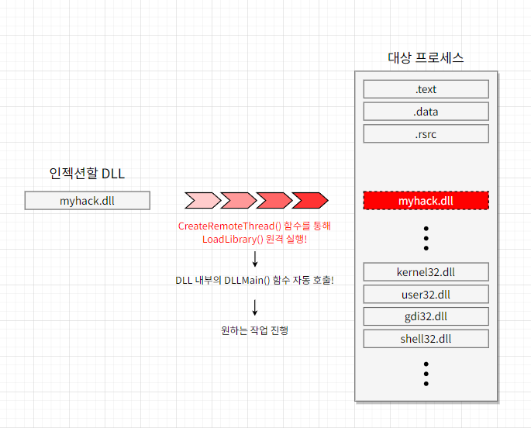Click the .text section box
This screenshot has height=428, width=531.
coord(426,89)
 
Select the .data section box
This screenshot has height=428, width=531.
coord(426,112)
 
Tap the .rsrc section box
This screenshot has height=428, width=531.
coord(426,134)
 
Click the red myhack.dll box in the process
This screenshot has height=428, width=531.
coord(426,201)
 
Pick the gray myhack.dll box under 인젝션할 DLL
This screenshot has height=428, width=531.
coord(87,201)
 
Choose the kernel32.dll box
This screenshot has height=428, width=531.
coord(426,272)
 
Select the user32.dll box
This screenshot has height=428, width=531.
coord(426,295)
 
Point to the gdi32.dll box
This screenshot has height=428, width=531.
coord(426,316)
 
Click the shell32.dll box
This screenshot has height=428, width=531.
coord(426,339)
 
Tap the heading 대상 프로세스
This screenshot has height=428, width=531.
coord(426,58)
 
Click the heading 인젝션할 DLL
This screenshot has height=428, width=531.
coord(87,174)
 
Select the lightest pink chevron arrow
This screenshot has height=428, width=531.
coord(202,201)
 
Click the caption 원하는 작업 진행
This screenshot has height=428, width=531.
coord(255,330)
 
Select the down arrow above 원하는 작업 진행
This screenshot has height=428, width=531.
coord(255,308)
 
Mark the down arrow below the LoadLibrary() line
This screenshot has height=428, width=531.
coord(255,259)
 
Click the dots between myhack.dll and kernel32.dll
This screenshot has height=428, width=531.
coord(426,237)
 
